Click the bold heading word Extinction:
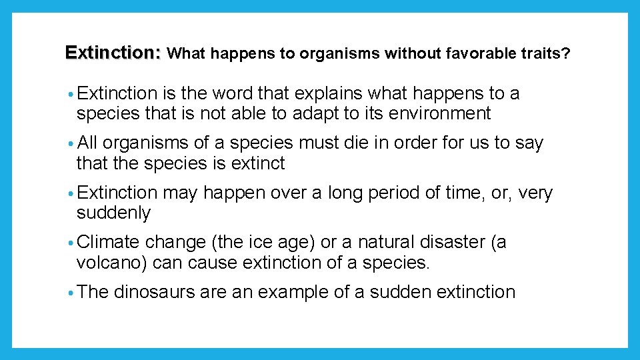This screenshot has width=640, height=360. [113, 53]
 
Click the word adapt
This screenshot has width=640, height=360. [316, 113]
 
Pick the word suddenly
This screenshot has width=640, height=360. [114, 213]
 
